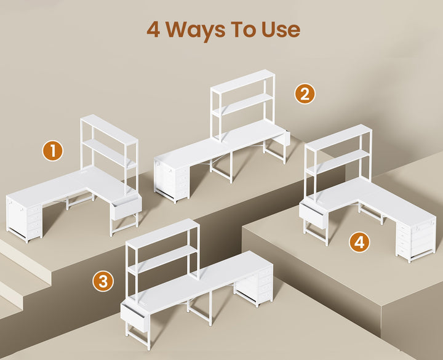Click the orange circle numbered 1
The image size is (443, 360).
tap(52, 151)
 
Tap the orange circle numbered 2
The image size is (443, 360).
tap(305, 94)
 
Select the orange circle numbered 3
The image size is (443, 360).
tap(103, 281)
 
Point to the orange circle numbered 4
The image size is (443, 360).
tap(359, 242)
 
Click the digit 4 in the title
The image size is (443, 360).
tap(153, 30)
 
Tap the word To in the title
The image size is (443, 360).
tap(244, 30)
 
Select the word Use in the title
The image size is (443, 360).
tap(281, 30)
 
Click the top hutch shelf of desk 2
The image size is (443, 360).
tap(242, 81)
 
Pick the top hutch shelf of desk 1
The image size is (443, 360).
tap(110, 129)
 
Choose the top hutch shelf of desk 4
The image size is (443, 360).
tap(338, 137)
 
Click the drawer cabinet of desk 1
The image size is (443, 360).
tap(25, 218)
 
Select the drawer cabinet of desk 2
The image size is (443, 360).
tap(172, 181)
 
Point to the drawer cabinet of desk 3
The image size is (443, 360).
tap(254, 286)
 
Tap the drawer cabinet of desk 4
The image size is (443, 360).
tap(415, 241)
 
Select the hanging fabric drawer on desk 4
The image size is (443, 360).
tap(313, 215)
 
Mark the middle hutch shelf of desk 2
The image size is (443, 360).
tap(243, 105)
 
